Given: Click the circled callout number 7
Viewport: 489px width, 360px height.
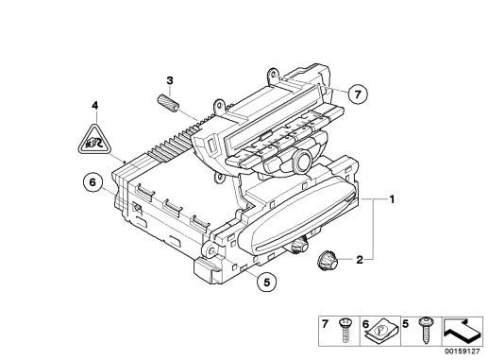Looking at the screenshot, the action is [357, 94].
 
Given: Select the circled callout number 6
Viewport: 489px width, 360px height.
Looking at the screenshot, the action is [93, 182].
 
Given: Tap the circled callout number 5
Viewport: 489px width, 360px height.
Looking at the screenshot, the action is [267, 282].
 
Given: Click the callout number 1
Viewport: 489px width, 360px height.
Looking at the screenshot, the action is [392, 199].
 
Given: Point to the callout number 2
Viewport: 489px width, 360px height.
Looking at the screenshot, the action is [360, 260].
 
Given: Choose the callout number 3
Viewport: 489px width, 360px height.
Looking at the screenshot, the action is [170, 80].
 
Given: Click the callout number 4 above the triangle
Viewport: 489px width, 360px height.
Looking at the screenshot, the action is [94, 105].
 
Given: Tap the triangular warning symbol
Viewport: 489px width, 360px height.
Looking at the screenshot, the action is [94, 139].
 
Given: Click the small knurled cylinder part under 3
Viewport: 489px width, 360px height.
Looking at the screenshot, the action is [168, 102].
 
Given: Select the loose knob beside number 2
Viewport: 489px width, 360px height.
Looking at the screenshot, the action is [327, 261].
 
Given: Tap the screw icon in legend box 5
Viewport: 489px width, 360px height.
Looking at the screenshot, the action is [427, 331].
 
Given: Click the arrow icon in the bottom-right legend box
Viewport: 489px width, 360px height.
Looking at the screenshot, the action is [463, 331].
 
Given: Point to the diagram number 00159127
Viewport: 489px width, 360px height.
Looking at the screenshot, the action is [463, 351].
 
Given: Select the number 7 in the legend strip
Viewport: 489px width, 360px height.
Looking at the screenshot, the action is [325, 324].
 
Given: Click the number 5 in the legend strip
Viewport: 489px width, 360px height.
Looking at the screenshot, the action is [406, 324].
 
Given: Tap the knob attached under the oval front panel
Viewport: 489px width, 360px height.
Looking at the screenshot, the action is [296, 245].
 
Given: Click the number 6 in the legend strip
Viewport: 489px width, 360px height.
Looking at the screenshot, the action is [365, 324].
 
